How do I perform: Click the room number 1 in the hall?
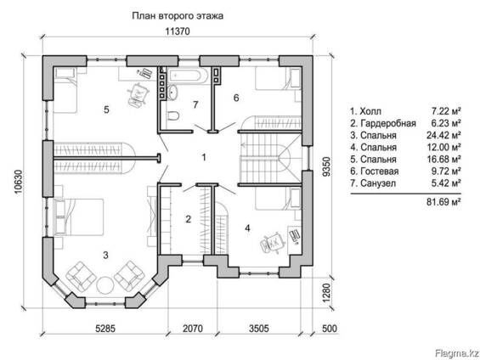pos(203,157)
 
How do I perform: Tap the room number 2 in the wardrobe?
pos(189,220)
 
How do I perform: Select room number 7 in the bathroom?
pos(195,105)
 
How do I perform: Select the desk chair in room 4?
pos(274,244)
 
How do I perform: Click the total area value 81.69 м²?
pos(443,202)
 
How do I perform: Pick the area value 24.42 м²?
pos(444,134)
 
